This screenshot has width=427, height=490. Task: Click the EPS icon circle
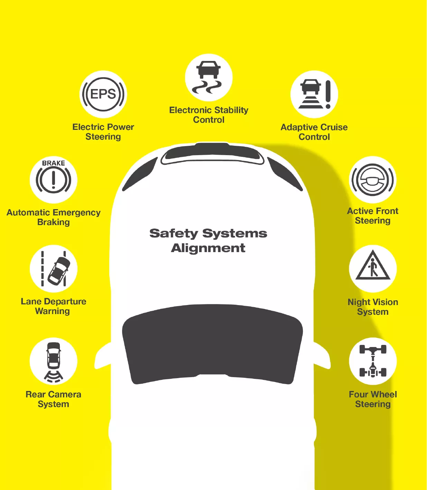click(x=103, y=94)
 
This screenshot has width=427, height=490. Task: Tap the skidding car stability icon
click(x=208, y=77)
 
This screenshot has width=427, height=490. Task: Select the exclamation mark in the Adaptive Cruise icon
click(x=328, y=94)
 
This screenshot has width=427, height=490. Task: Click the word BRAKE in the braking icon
click(x=53, y=163)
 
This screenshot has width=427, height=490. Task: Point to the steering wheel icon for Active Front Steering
click(x=372, y=180)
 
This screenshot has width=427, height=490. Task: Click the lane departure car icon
click(x=59, y=271)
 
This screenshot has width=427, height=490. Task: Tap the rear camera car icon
click(x=54, y=355)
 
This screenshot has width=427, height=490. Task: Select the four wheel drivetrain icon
click(x=373, y=361)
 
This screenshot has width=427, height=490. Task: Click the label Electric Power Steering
click(x=103, y=132)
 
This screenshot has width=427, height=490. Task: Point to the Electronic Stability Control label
click(x=209, y=115)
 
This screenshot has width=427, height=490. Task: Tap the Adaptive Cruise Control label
click(x=314, y=132)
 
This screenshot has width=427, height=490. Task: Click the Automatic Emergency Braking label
click(x=54, y=217)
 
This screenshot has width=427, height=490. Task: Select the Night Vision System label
click(x=373, y=307)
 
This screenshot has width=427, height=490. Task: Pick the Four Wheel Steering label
click(x=373, y=399)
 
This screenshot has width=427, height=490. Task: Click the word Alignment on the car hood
click(x=208, y=248)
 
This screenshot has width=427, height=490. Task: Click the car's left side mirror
click(x=103, y=356)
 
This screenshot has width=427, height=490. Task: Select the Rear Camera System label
click(x=54, y=399)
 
